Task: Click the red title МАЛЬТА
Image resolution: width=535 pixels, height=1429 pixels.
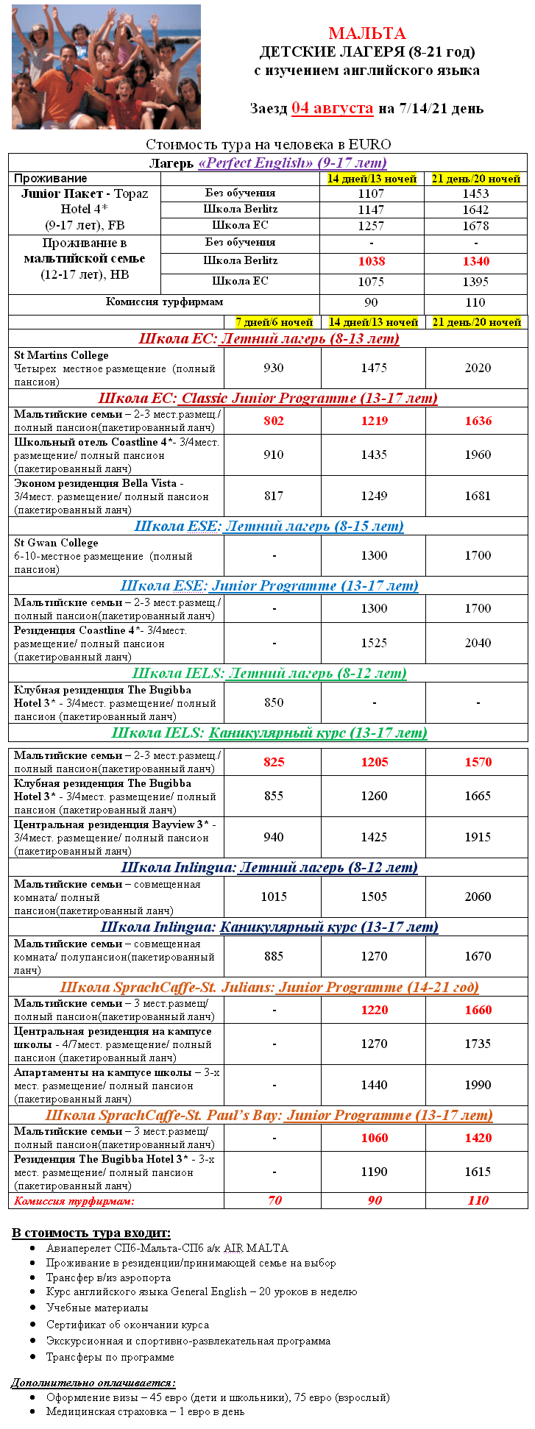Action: coord(366,33)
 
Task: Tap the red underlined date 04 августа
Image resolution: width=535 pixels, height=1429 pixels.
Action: coord(332,108)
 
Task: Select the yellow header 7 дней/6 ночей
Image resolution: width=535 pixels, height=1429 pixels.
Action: coord(274,322)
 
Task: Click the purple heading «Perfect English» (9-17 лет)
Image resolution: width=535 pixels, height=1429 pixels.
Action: coord(292,163)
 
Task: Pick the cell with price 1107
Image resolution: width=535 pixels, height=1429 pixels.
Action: coord(371,193)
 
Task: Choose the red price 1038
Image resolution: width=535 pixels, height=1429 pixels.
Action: coord(371,261)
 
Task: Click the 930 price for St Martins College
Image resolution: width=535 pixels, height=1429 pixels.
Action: coord(273,368)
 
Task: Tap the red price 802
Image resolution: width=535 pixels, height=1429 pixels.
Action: coord(273,421)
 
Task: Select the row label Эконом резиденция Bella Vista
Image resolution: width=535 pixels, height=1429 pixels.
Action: coord(96,483)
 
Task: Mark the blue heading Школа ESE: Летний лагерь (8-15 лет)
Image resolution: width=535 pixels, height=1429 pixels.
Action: coord(269,526)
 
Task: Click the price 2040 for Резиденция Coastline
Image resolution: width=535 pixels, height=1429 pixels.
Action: coord(478,643)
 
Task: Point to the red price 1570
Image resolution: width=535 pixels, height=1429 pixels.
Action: coord(478,762)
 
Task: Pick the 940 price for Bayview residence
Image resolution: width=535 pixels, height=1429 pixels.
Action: coord(273,837)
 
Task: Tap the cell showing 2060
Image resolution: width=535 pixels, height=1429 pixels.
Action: coord(478,897)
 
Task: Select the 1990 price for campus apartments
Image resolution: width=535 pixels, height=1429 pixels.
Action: coord(478,1086)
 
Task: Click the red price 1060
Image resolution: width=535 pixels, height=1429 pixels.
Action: coord(374,1138)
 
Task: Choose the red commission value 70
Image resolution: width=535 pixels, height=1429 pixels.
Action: coord(274,1200)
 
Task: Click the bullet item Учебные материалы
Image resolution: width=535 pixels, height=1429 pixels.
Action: coord(97,1308)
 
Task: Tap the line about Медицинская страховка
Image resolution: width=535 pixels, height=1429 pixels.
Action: coord(145,1411)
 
